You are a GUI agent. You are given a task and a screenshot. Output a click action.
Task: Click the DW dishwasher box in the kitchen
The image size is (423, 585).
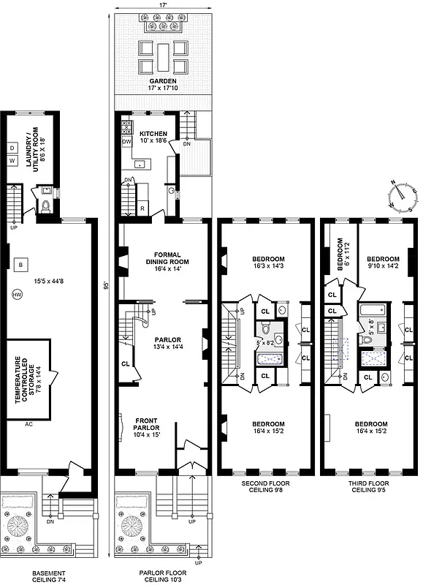tap(126, 141)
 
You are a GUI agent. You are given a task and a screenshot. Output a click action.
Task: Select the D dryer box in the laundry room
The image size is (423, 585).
tap(12, 147)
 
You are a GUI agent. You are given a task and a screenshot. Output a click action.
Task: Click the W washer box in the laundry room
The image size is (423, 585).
tap(12, 160)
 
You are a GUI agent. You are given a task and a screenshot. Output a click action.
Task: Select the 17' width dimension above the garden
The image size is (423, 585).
tap(164, 6)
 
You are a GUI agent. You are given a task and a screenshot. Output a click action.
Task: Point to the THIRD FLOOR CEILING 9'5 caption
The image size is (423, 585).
tap(369, 488)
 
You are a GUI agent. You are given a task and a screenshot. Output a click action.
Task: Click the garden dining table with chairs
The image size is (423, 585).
tap(164, 53)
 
